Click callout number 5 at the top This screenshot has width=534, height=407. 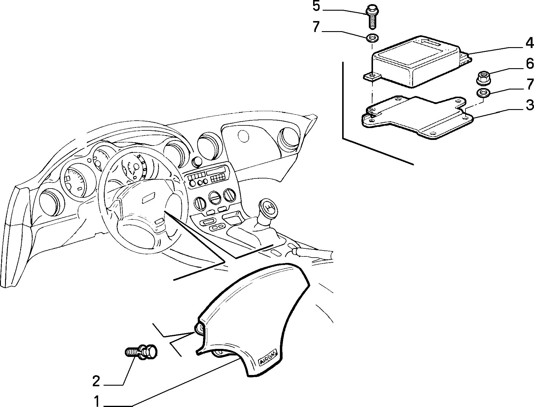click(316, 7)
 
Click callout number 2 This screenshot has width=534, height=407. click(96, 382)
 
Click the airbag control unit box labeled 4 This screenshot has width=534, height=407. click(417, 62)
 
